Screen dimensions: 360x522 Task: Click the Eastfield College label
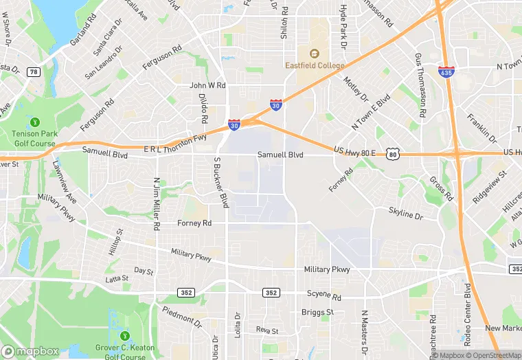314,65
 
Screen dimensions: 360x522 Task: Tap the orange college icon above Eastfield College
315,54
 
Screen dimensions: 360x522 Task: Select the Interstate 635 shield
445,71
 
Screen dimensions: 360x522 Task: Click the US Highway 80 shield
392,155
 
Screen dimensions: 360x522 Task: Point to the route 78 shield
33,71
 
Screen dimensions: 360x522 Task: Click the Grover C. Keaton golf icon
125,336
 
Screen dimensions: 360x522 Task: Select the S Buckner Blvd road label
220,181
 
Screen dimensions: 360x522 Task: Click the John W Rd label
207,86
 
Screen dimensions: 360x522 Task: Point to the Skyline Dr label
405,214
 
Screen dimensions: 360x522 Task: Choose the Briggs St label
317,312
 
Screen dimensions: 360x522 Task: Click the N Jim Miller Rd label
157,203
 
